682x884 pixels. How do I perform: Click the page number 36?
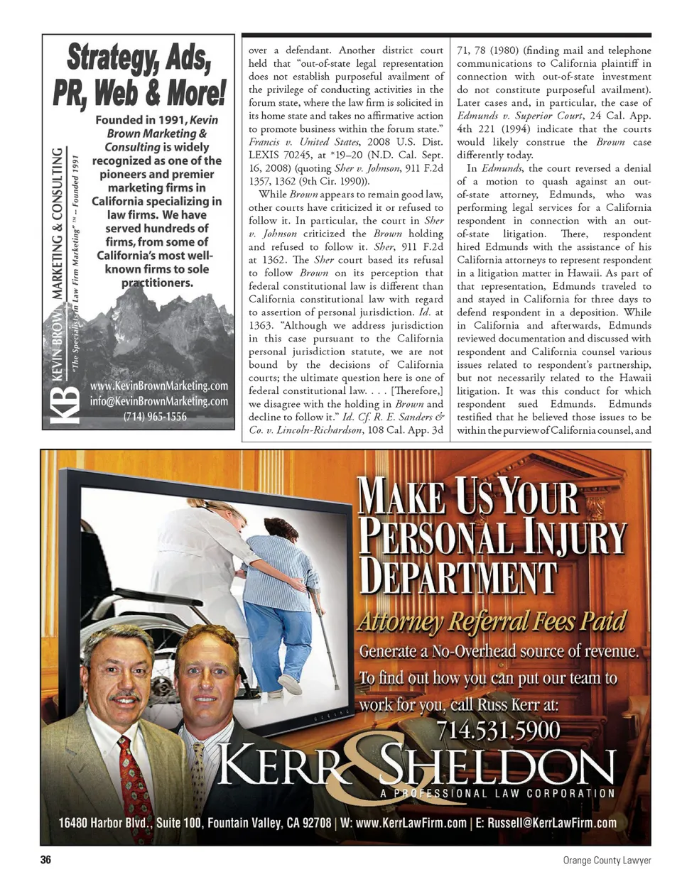click(45, 860)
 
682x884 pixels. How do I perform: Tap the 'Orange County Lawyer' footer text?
click(607, 860)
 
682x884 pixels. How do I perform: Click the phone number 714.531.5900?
click(498, 730)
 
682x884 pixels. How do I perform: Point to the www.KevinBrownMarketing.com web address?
click(159, 386)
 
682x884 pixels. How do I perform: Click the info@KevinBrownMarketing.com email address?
click(159, 400)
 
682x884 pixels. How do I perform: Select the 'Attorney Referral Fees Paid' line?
click(492, 621)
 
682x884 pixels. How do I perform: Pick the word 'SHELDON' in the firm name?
click(497, 765)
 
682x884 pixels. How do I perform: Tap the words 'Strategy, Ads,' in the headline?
click(139, 58)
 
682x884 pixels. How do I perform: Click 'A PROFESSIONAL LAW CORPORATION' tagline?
click(497, 793)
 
